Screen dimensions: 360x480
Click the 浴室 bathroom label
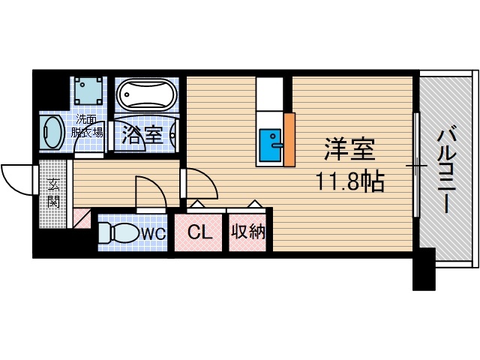pos(142,135)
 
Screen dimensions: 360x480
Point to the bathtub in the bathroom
pos(146,96)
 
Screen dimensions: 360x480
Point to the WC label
pos(153,233)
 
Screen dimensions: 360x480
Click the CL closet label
pos(199,232)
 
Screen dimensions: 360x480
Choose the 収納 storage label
pos(248,232)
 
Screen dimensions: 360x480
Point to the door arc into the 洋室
pos(199,183)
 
